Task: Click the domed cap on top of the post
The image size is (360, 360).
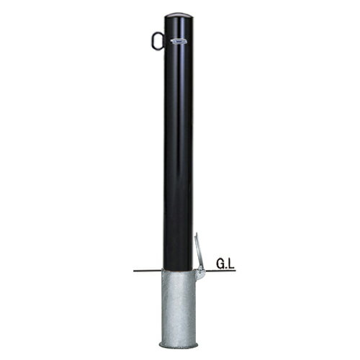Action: (179, 15)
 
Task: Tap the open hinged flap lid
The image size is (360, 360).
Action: (199, 254)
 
